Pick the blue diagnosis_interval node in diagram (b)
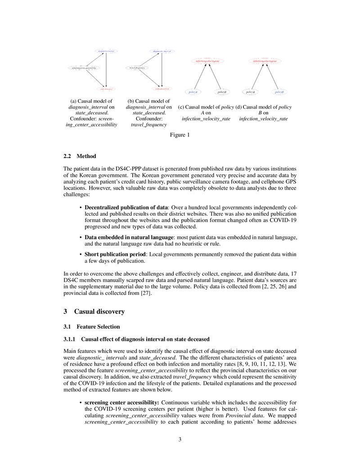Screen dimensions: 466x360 161,51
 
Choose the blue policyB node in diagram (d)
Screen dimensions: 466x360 279,92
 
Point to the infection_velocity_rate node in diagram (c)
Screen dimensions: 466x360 207,61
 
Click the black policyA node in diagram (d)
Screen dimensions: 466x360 250,92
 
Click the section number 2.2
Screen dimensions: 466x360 67,156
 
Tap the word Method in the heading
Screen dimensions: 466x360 86,156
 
